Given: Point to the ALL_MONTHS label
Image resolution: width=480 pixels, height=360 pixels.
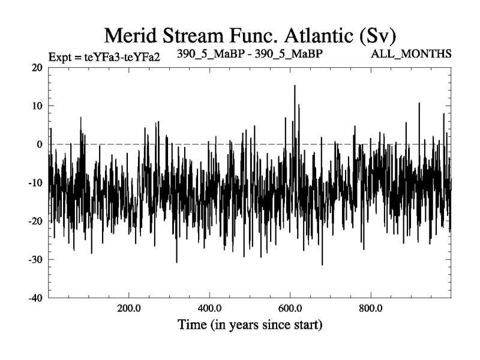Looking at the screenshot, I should point(412,55).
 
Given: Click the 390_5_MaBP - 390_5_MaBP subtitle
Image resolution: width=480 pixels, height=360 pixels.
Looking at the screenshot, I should point(250,54).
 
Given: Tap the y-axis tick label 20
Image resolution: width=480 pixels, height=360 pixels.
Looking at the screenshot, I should point(37,67).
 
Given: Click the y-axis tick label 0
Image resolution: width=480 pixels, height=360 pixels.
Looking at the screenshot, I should point(40,144).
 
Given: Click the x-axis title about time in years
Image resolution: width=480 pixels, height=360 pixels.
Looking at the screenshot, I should point(250,326).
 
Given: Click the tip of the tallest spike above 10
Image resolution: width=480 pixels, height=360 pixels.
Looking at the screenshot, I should point(295,85).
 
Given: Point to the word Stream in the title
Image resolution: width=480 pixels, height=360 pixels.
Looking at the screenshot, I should point(199,34).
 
